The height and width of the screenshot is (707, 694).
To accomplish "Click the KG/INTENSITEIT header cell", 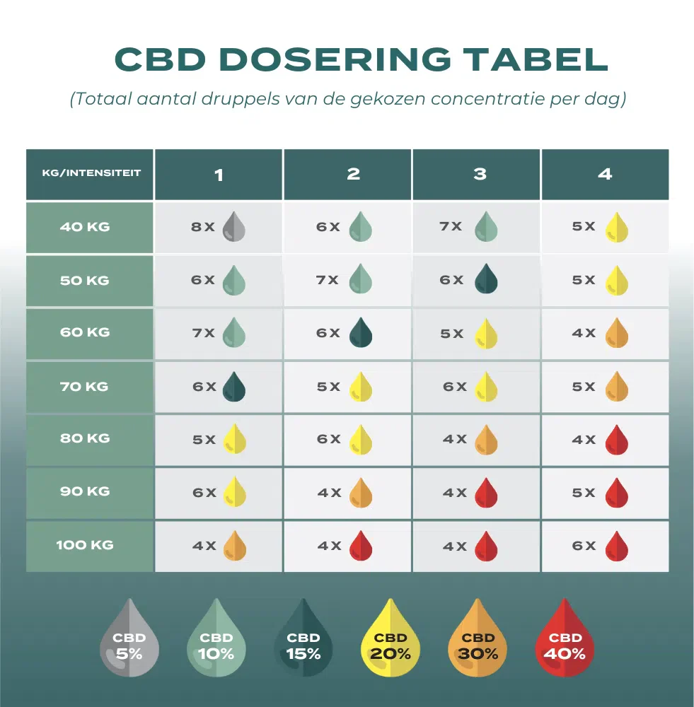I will [90, 173].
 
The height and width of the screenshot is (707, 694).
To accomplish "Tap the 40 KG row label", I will [90, 228].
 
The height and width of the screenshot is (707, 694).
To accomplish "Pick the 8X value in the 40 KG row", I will [203, 227].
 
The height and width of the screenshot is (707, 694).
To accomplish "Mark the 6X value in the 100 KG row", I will [584, 546].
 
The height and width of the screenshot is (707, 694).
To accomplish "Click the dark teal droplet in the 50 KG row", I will [486, 280].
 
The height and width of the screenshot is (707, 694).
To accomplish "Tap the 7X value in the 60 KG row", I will [203, 333].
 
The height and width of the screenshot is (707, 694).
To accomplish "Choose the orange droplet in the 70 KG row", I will [617, 387].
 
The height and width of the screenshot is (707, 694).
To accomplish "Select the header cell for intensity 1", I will [219, 174].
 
